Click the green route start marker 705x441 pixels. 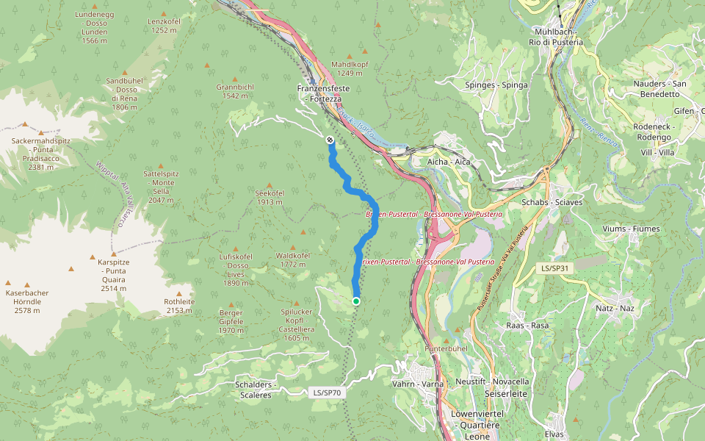pos(356,301)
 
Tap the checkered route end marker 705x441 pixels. pos(330,140)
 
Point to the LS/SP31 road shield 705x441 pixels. pos(555,269)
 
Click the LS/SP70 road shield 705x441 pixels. pos(325,392)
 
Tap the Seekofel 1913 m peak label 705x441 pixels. pos(270,197)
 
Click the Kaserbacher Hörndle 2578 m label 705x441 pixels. pos(27,301)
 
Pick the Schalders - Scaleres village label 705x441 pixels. pos(253,390)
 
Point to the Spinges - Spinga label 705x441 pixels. pos(496,85)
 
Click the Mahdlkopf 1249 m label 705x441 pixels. pos(350,68)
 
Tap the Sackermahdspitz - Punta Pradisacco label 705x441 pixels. pos(40,153)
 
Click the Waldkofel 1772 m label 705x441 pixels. pos(293,259)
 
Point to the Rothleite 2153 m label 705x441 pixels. pos(179,306)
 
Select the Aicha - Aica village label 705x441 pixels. pos(449,161)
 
